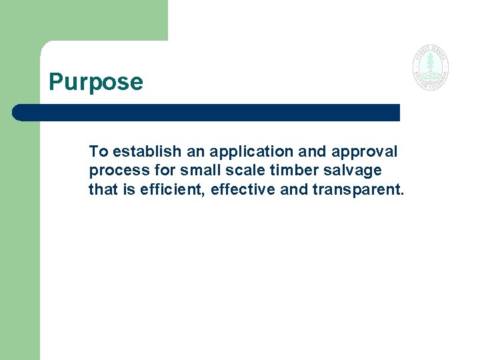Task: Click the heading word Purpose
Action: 96,82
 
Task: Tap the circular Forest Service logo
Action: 430,67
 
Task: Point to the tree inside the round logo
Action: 430,65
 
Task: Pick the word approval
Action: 365,151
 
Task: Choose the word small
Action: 198,170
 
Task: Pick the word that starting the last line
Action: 103,190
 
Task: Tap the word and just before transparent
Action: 294,190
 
